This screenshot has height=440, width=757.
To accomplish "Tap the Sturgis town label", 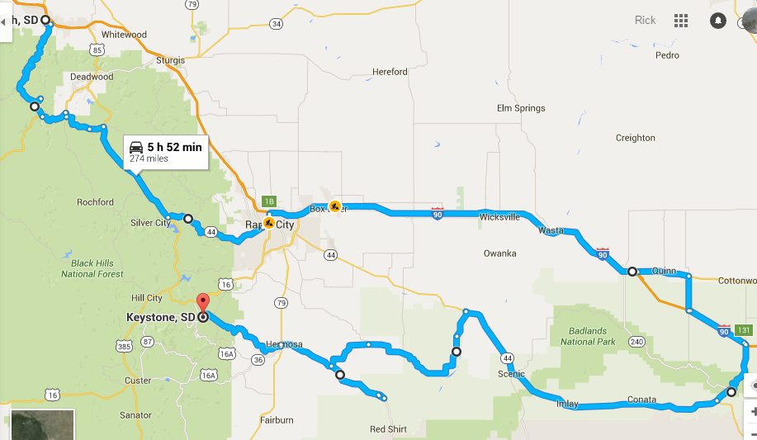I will pyautogui.click(x=169, y=60).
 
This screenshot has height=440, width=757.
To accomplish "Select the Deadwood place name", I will pyautogui.click(x=92, y=77).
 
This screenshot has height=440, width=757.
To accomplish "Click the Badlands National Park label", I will pyautogui.click(x=589, y=336).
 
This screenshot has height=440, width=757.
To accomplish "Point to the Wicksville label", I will pyautogui.click(x=499, y=217).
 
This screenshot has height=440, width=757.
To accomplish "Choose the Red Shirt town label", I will pyautogui.click(x=387, y=429).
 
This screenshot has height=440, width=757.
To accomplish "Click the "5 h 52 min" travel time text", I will pyautogui.click(x=174, y=147).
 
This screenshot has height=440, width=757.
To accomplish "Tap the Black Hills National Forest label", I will pyautogui.click(x=92, y=268).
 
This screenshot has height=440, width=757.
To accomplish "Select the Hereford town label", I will pyautogui.click(x=390, y=72).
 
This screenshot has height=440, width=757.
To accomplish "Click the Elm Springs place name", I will pyautogui.click(x=521, y=108).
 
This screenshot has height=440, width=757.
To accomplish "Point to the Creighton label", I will pyautogui.click(x=635, y=138).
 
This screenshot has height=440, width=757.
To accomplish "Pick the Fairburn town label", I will pyautogui.click(x=276, y=420).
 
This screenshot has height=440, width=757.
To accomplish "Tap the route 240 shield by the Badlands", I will pyautogui.click(x=636, y=341).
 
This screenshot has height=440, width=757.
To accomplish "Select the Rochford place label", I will pyautogui.click(x=95, y=202).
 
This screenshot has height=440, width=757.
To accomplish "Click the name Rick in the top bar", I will pyautogui.click(x=645, y=20).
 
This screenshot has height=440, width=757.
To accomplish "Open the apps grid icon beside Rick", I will pyautogui.click(x=681, y=20).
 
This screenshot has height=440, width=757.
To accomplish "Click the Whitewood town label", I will pyautogui.click(x=124, y=35).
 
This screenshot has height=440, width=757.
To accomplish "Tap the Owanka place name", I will pyautogui.click(x=499, y=253).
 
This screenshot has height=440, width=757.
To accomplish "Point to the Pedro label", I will pyautogui.click(x=667, y=55).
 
